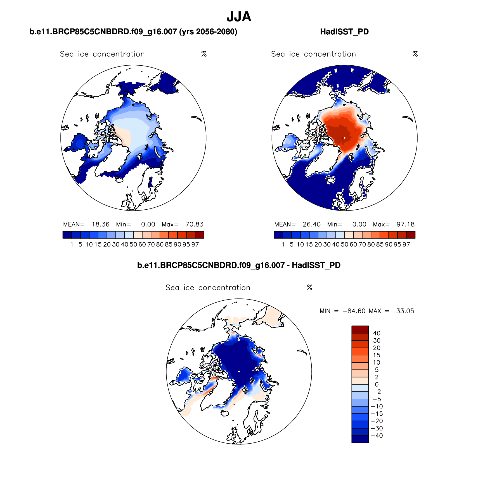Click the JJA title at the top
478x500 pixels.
(x=239, y=17)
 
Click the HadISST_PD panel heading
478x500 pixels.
(x=344, y=32)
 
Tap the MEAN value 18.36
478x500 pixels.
(x=101, y=224)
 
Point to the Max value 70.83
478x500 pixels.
(x=195, y=224)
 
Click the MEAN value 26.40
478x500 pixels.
(x=312, y=224)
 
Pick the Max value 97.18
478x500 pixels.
(x=406, y=224)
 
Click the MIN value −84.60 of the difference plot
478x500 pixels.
(x=354, y=311)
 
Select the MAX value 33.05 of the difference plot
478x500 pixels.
(x=405, y=311)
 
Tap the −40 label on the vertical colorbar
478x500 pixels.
(x=377, y=436)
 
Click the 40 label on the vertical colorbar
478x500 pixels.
(x=377, y=333)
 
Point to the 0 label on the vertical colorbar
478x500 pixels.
(x=377, y=384)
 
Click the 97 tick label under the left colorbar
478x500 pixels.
(x=195, y=245)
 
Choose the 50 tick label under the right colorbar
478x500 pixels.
(x=345, y=245)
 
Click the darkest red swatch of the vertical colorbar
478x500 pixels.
(x=360, y=329)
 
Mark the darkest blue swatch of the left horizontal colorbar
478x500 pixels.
(x=67, y=235)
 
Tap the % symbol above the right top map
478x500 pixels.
(x=415, y=54)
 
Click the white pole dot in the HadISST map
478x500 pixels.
(x=345, y=138)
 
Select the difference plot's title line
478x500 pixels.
(x=239, y=265)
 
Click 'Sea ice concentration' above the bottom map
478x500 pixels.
(x=208, y=288)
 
